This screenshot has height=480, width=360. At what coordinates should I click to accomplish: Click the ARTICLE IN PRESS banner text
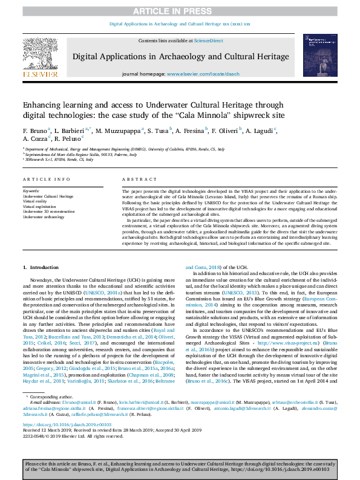click(x=180, y=11)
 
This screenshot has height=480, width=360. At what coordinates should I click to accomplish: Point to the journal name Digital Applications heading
click(x=180, y=56)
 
